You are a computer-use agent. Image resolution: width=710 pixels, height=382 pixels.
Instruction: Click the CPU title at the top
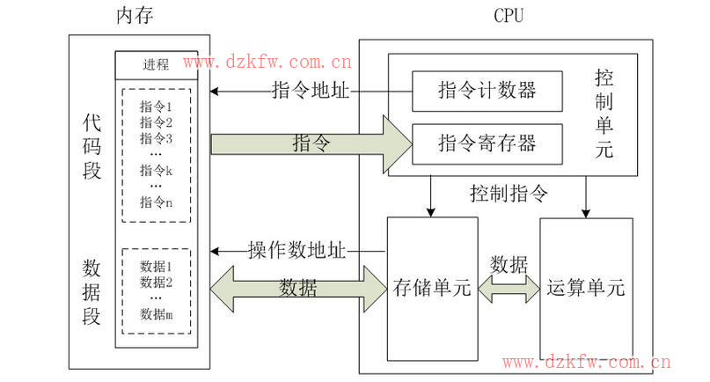508,15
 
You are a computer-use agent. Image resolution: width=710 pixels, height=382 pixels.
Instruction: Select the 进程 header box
156,65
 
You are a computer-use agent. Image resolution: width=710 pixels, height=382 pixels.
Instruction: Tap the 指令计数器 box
487,90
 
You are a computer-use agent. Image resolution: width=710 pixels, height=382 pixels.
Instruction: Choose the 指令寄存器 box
487,142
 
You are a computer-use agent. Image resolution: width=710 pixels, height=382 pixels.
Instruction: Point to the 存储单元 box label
432,287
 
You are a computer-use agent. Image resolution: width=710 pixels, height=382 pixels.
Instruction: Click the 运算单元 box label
585,287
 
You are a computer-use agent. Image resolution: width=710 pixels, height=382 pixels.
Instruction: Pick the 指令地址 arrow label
310,91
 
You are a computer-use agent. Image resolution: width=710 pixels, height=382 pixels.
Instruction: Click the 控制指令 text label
509,193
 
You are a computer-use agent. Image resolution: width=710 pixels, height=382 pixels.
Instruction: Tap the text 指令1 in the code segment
156,107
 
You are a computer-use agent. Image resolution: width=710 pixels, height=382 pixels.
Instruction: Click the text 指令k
156,170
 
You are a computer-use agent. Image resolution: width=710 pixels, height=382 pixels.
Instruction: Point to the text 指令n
156,202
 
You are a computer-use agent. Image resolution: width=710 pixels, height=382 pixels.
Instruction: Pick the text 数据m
156,314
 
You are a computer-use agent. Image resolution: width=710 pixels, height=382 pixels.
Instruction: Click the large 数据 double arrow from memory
299,289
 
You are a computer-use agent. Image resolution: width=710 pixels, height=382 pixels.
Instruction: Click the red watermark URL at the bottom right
587,361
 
